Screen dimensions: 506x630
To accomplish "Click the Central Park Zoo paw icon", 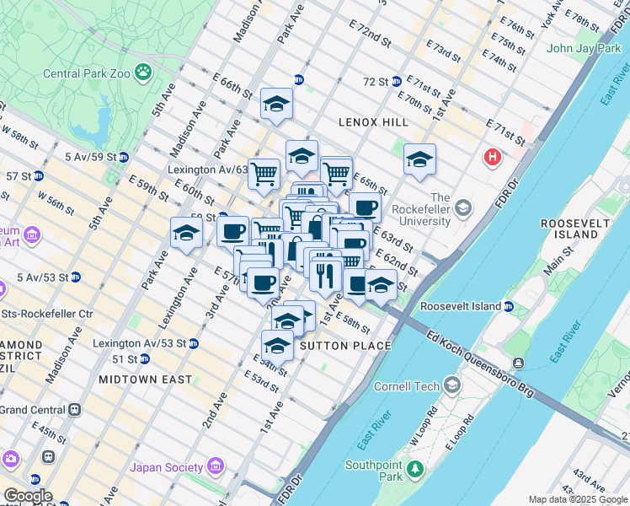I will [144, 73].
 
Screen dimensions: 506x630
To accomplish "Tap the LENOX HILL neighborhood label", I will [373, 122].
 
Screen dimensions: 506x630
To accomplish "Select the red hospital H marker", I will [493, 157].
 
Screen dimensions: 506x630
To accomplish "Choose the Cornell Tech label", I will [406, 386].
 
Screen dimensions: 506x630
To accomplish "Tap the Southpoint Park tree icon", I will [414, 467].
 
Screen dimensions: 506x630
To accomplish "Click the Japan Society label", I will [166, 467].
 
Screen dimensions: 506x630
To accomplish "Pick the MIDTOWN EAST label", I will [145, 379].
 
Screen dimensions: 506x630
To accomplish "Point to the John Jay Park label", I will [584, 48].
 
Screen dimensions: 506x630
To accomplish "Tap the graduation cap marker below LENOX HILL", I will [419, 159].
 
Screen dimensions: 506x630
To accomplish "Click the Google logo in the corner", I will [27, 497].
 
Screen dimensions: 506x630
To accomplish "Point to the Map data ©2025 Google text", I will [578, 499].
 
